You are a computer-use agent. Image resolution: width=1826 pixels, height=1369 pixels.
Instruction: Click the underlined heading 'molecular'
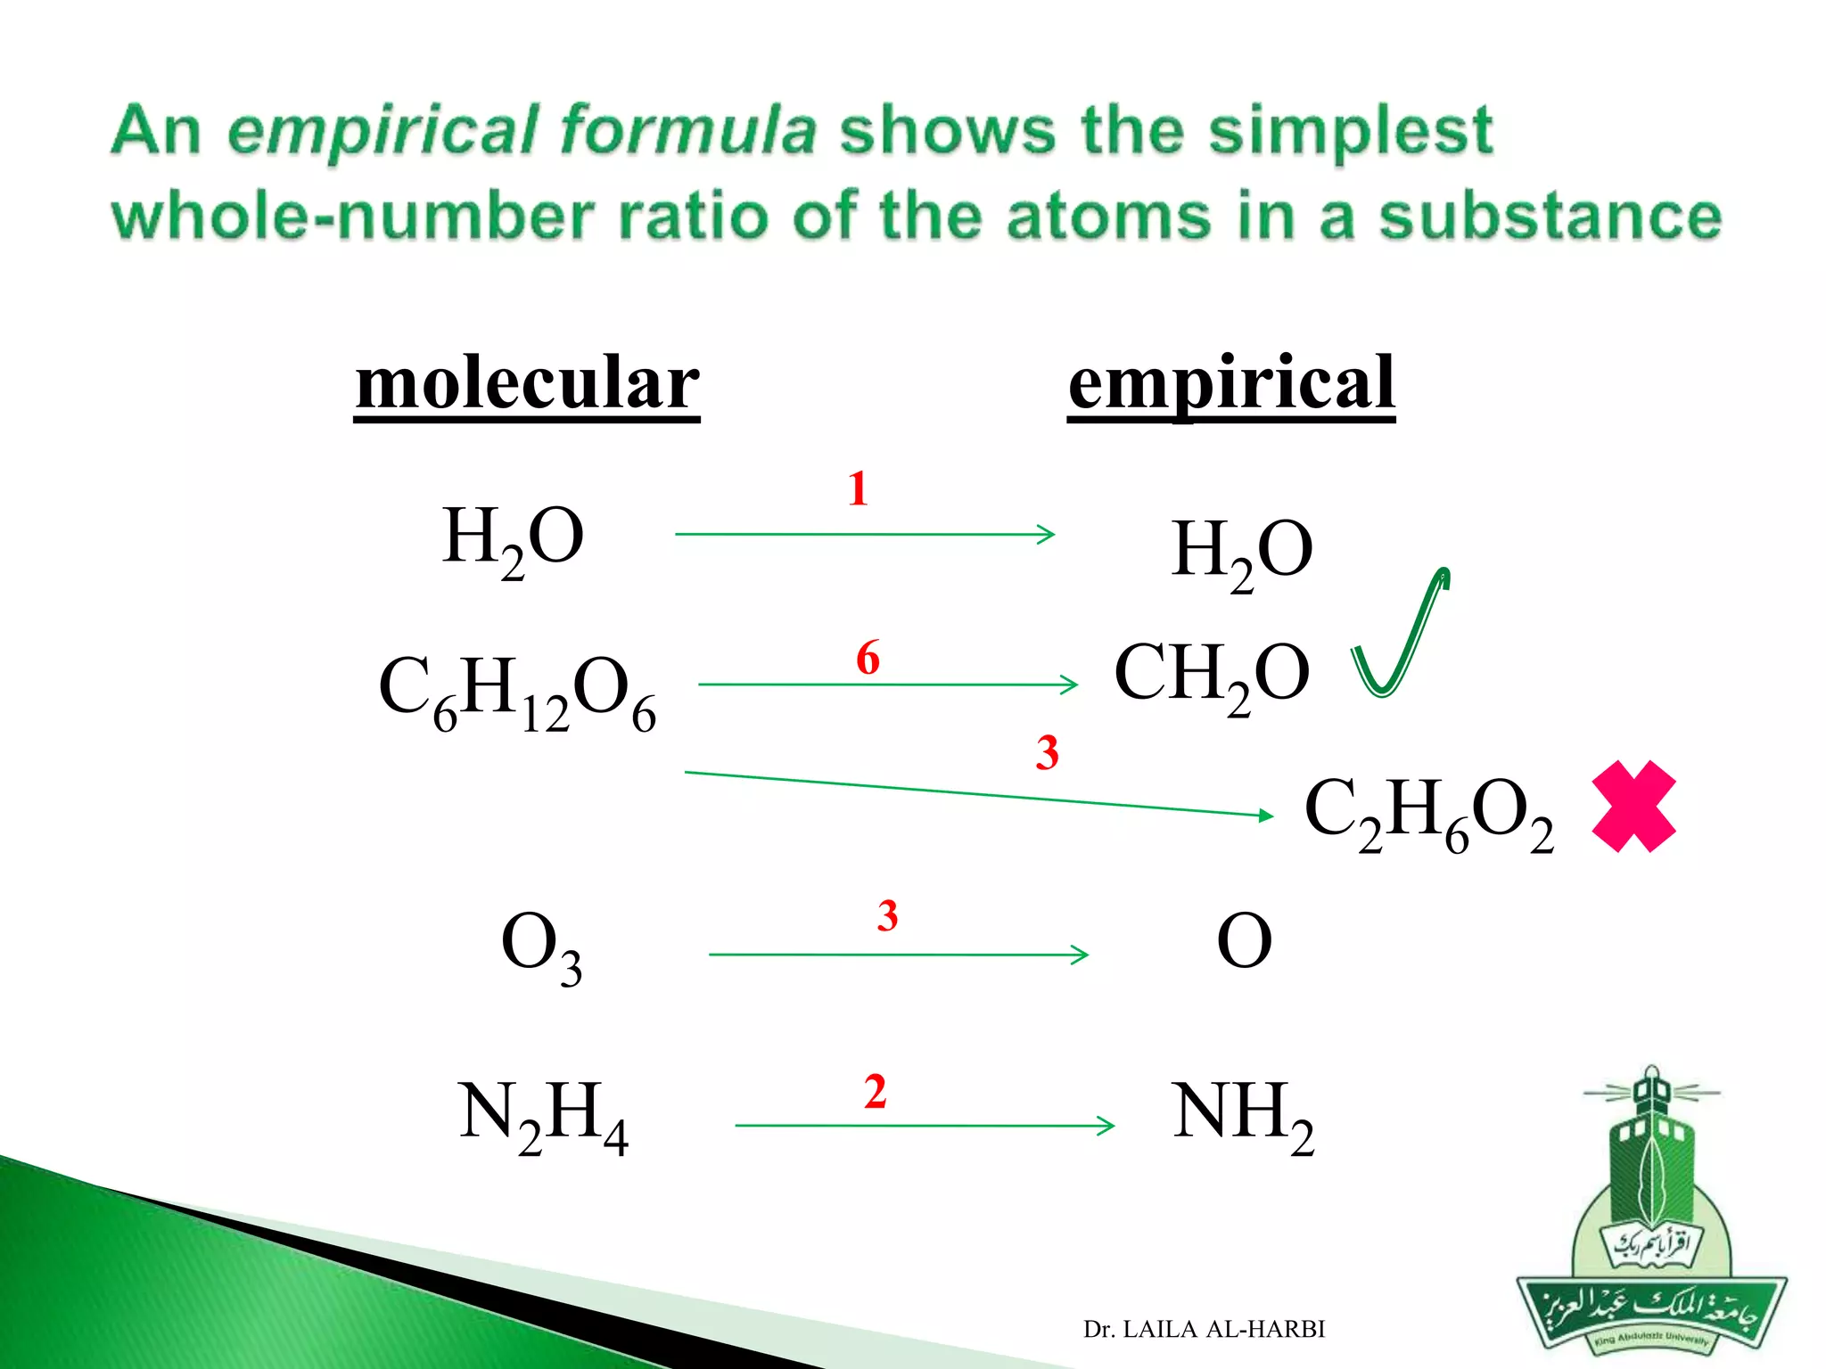pos(527,383)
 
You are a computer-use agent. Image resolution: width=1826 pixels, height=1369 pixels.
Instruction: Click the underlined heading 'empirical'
pos(1231,383)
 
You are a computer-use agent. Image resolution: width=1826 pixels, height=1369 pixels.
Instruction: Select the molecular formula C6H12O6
pos(517,692)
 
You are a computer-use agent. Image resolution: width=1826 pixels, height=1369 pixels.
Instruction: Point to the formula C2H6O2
pos(1428,813)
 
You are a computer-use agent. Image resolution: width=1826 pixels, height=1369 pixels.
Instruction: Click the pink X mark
pos(1633,807)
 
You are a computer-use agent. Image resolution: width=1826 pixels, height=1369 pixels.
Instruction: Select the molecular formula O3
pos(541,946)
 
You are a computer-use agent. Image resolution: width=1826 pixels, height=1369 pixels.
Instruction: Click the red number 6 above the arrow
pos(868,658)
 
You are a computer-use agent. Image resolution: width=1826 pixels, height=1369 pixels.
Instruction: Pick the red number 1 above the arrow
pos(858,488)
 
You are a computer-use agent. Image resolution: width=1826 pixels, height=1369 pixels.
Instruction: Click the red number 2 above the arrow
pos(875,1092)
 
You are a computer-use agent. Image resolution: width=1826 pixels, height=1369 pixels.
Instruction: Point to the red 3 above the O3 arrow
pos(887,916)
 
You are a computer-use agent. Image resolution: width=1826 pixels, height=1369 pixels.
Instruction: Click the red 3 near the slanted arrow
pos(1047,753)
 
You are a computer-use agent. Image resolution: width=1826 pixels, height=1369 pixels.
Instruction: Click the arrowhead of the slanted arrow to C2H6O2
pos(1266,815)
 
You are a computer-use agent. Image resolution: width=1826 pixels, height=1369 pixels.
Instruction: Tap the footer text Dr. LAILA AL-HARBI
pos(1204,1329)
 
